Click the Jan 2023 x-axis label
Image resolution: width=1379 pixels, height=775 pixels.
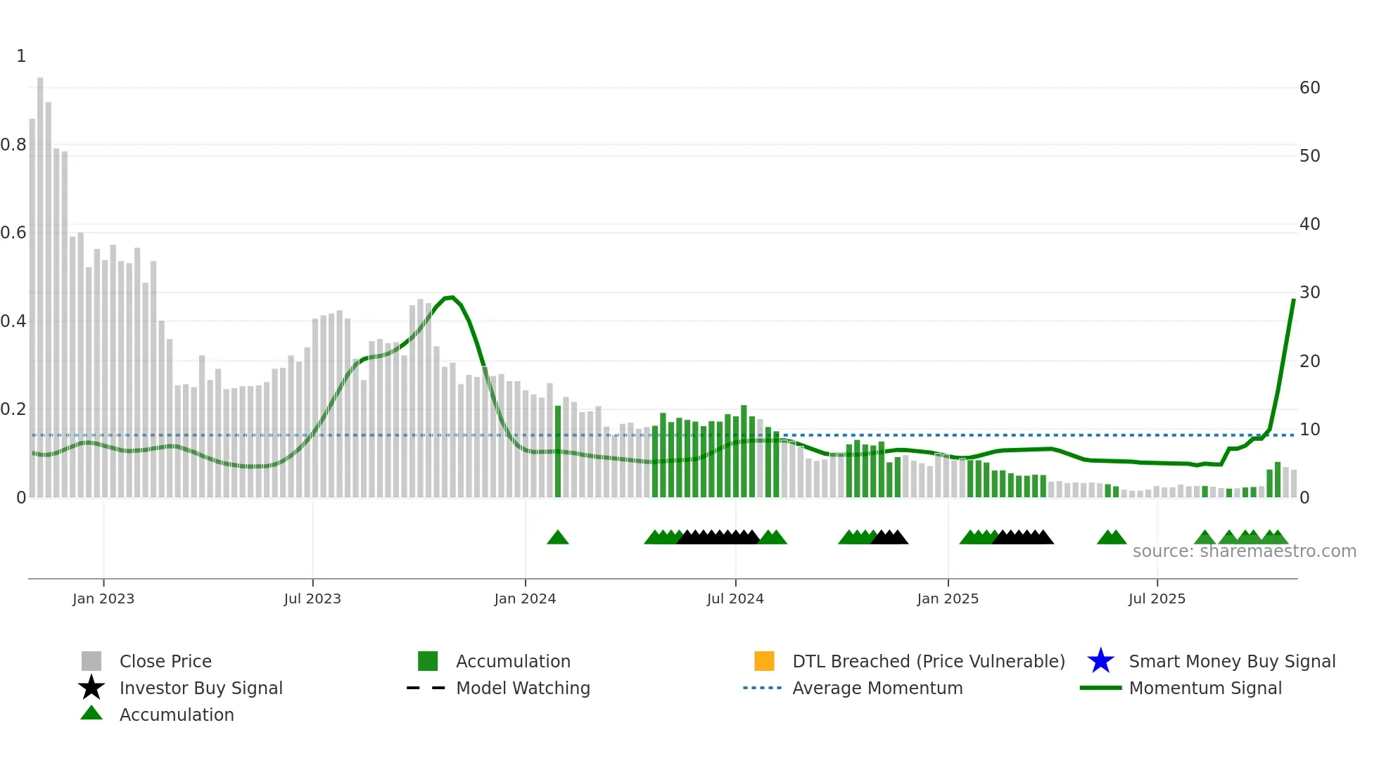tap(103, 598)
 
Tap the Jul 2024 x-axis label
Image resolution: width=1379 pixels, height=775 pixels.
tap(735, 598)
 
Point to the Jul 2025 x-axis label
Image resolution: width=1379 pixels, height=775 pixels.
tap(1157, 598)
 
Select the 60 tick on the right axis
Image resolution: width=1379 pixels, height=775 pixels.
tap(1309, 88)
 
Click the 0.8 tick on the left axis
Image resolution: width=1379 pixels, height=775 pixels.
tap(13, 145)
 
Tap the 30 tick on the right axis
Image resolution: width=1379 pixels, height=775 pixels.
tap(1309, 293)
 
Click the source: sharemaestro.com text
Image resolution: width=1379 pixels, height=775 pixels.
tap(1244, 551)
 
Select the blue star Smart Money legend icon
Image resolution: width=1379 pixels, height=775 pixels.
tap(1100, 661)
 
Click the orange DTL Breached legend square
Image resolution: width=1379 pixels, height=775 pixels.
tap(764, 661)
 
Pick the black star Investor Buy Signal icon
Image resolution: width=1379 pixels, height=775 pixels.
tap(91, 688)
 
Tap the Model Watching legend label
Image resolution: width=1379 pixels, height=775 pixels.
tap(523, 688)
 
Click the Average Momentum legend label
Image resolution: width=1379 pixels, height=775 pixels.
tap(877, 688)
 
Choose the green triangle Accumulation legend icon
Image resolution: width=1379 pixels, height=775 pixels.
tap(91, 713)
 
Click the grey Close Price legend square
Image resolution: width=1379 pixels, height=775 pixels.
tap(91, 661)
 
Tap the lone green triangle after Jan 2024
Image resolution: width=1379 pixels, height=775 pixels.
tap(557, 538)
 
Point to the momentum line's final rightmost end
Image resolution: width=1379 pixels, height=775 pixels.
tap(1293, 300)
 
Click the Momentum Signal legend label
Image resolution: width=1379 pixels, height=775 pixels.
tap(1205, 688)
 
